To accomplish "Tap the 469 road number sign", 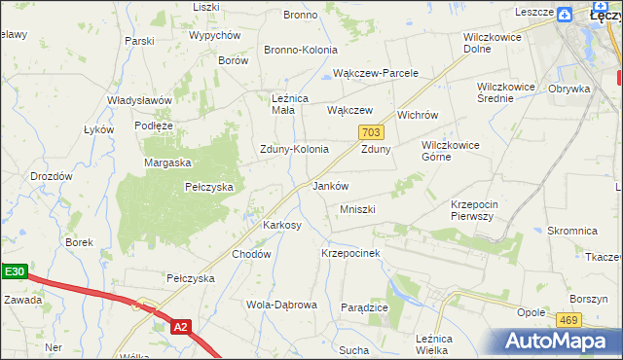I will pyautogui.click(x=568, y=319).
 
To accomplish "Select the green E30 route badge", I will pyautogui.click(x=13, y=272).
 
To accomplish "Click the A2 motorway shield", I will pyautogui.click(x=179, y=328).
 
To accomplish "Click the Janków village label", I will pyautogui.click(x=329, y=185).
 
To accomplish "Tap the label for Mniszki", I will pyautogui.click(x=357, y=209).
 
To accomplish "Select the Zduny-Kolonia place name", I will pyautogui.click(x=293, y=149).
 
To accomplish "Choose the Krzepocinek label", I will pyautogui.click(x=349, y=252).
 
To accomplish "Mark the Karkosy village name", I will pyautogui.click(x=282, y=225).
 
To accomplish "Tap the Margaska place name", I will pyautogui.click(x=167, y=162).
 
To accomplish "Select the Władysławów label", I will pyautogui.click(x=139, y=100).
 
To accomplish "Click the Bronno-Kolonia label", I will pyautogui.click(x=301, y=50).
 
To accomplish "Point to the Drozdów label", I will pyautogui.click(x=52, y=176).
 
